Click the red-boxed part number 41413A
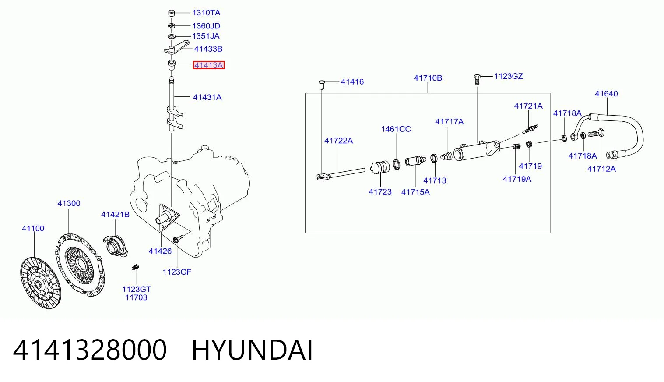point(208,65)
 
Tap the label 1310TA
point(206,13)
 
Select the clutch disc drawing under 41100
point(41,283)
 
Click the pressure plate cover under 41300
point(80,265)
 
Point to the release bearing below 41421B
point(116,246)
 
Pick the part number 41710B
point(428,78)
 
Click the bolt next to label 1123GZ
point(477,79)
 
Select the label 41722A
point(338,141)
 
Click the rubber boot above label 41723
point(380,168)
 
